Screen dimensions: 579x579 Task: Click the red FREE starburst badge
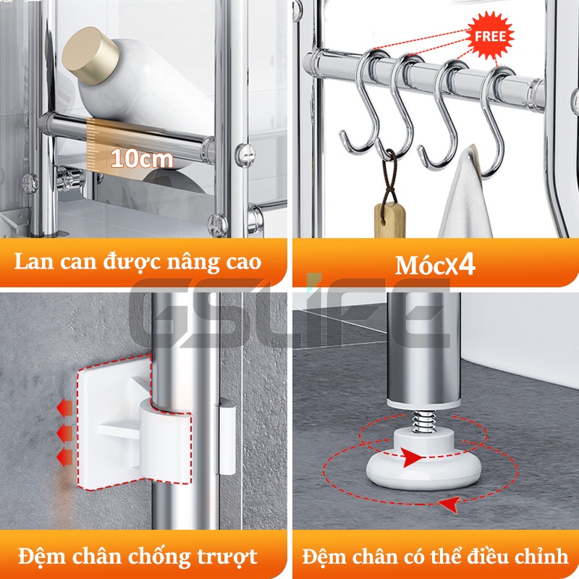[x=490, y=35]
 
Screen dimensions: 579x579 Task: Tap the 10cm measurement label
[x=142, y=159]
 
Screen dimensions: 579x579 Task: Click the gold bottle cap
[x=90, y=55]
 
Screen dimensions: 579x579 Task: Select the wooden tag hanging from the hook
[x=390, y=221]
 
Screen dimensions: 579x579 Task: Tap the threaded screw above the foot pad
[x=423, y=420]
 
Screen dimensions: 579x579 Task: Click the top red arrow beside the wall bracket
[x=65, y=409]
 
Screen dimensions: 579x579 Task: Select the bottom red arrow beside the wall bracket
[x=65, y=457]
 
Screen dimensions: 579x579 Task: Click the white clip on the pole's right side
[x=227, y=439]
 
